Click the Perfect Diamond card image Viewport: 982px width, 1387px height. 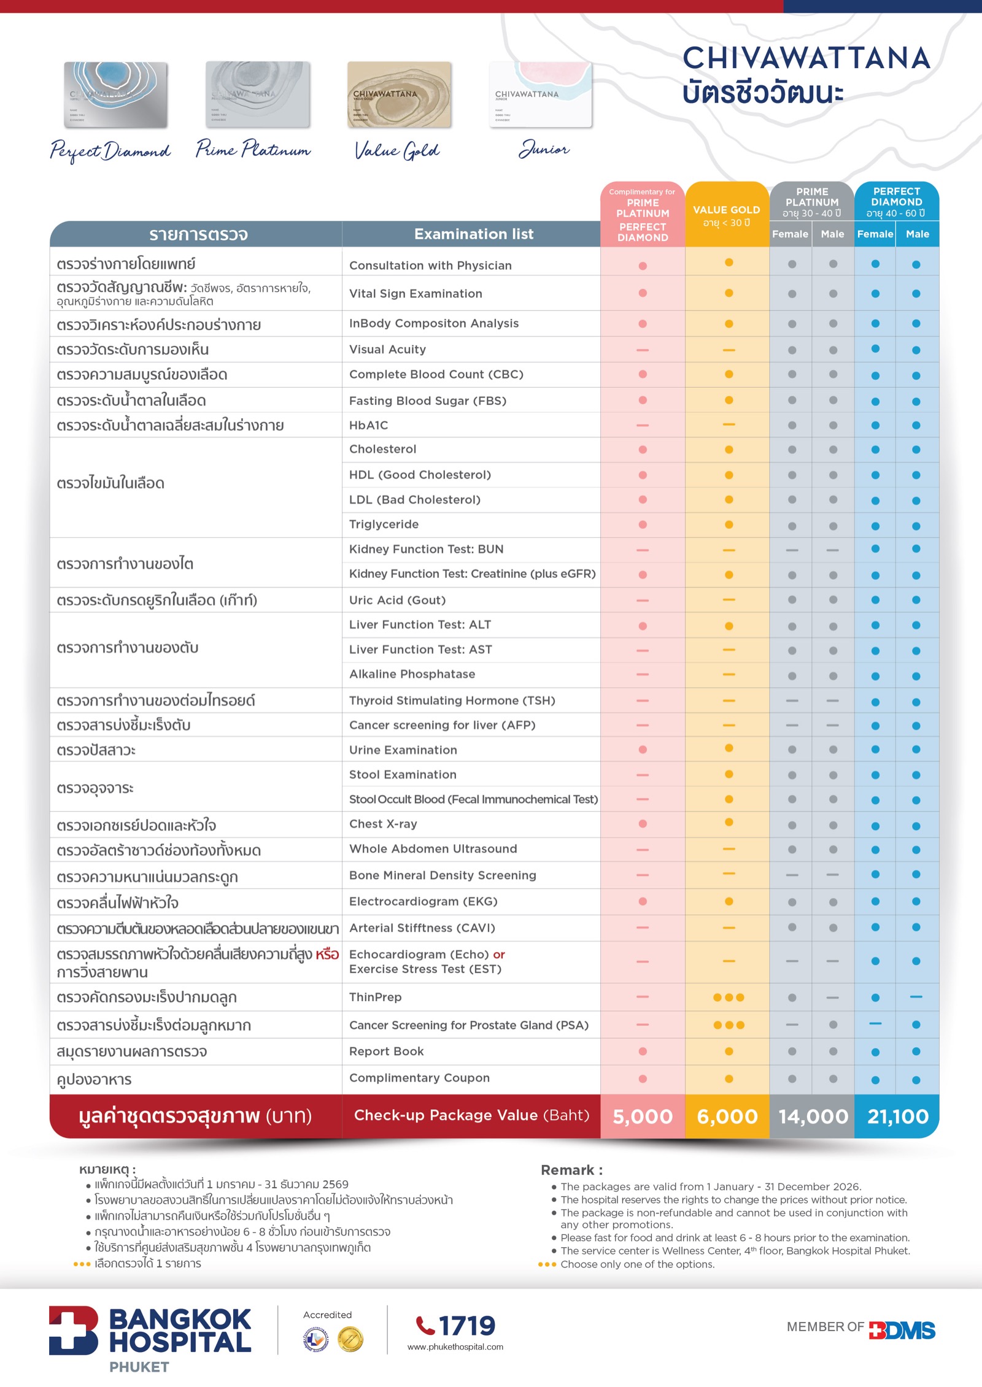tap(116, 94)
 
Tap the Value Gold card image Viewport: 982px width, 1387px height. tap(400, 94)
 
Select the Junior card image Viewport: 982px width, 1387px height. tap(541, 94)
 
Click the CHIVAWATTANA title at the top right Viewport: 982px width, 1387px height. tap(806, 59)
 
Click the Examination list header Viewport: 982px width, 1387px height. tap(473, 234)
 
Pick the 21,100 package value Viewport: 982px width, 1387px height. tap(897, 1116)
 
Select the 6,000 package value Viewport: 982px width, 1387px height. tap(727, 1116)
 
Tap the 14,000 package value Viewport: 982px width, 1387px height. tap(813, 1116)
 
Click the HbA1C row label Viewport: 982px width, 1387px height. tap(369, 425)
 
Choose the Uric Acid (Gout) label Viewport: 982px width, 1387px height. tap(397, 600)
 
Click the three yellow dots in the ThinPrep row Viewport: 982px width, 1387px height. tap(729, 997)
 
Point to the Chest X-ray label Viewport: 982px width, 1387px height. tap(383, 824)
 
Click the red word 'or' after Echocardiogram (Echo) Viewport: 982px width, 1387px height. tap(499, 955)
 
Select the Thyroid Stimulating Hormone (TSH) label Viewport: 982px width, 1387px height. tap(452, 701)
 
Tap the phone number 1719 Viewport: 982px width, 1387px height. tap(466, 1326)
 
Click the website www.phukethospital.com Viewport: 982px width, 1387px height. tap(455, 1347)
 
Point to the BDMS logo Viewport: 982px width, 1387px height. tap(902, 1331)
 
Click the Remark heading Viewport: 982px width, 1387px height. tap(571, 1170)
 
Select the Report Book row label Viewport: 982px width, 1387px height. tap(386, 1051)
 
